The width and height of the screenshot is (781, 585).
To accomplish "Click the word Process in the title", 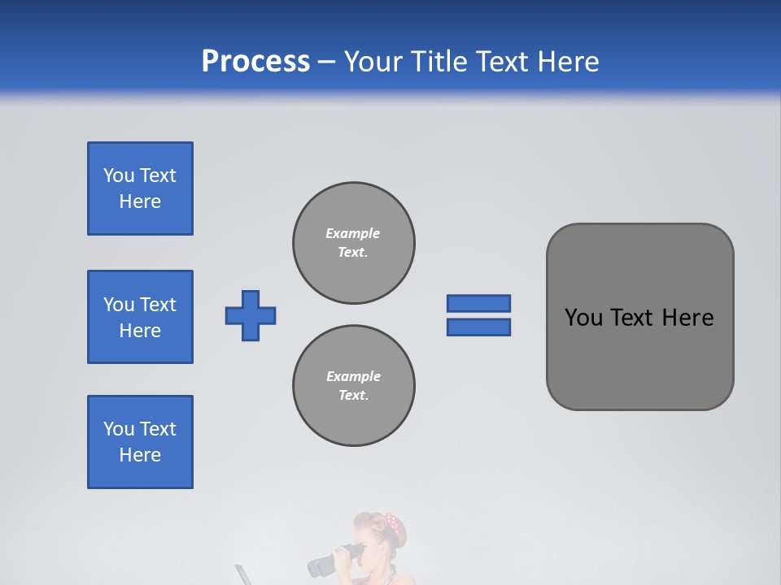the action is pyautogui.click(x=255, y=62).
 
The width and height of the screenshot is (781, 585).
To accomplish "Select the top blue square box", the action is pyautogui.click(x=140, y=188).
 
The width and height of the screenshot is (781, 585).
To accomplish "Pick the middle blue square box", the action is pyautogui.click(x=140, y=317).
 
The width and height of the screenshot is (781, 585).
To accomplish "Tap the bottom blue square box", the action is pyautogui.click(x=140, y=442).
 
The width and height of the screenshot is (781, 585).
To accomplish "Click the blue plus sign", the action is pyautogui.click(x=251, y=315).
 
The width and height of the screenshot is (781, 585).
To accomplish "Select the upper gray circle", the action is pyautogui.click(x=354, y=243).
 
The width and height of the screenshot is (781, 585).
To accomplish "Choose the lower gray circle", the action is pyautogui.click(x=354, y=386).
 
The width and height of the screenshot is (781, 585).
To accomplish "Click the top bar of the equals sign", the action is pyautogui.click(x=479, y=303).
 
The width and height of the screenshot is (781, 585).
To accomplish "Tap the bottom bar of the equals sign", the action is pyautogui.click(x=479, y=327).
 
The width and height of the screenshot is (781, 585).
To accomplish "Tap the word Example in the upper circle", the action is pyautogui.click(x=352, y=233).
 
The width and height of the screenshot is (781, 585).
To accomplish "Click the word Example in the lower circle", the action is pyautogui.click(x=353, y=376).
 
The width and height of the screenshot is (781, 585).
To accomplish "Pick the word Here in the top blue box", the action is pyautogui.click(x=140, y=201).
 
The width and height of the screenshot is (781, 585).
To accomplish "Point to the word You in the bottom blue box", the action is pyautogui.click(x=119, y=429).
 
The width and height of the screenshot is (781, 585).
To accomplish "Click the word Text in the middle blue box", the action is pyautogui.click(x=158, y=305).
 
